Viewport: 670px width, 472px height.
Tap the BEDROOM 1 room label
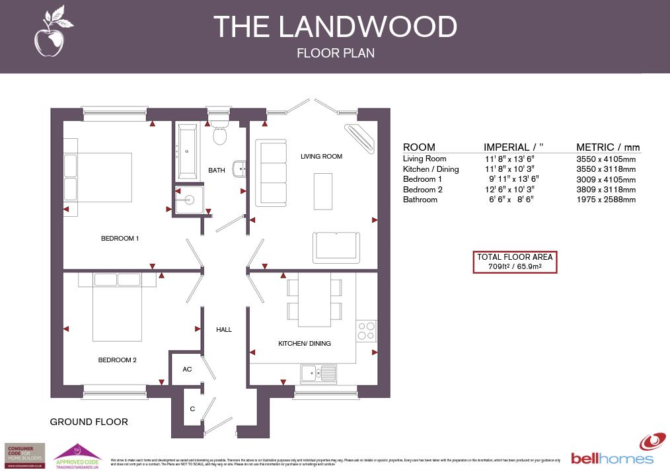120,239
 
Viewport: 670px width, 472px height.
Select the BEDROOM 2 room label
117,360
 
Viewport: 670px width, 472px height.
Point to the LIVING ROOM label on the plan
321,157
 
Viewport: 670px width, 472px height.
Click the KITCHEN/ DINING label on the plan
304,344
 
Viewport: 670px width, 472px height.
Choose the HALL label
224,329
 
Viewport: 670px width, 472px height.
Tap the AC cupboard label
187,370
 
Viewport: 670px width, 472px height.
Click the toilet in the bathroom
219,130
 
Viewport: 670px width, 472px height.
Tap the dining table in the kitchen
315,299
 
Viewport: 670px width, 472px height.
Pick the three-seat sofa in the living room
272,173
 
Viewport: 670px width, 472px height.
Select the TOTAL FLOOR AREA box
515,262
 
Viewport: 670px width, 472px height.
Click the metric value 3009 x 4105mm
605,179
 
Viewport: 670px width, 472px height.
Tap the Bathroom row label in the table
420,200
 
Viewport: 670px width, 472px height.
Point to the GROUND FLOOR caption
89,422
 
